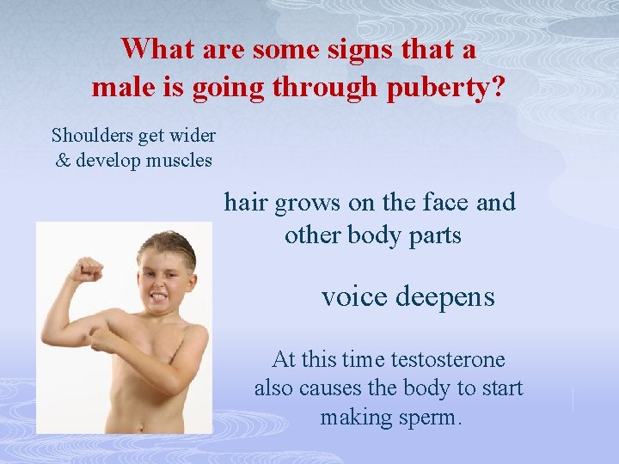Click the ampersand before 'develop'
[x=63, y=161]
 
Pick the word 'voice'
[x=354, y=296]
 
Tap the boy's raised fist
[x=87, y=270]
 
